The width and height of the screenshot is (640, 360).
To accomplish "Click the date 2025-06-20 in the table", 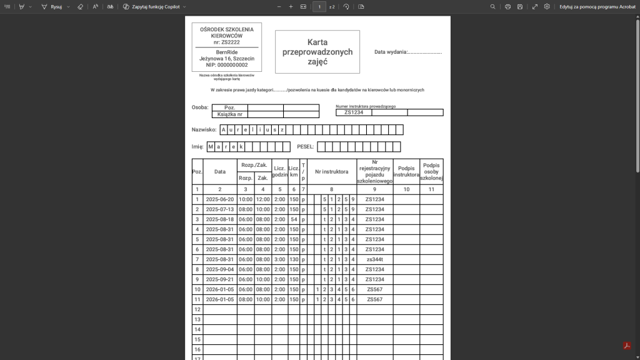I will [219, 199].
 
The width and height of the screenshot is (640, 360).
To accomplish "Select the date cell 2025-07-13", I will [219, 209].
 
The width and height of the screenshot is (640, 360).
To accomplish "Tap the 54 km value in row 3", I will [294, 219].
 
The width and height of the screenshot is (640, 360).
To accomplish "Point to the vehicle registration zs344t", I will [374, 259].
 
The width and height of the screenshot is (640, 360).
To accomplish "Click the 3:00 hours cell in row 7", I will [279, 259].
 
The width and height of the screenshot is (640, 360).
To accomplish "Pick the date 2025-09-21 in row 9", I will [219, 279].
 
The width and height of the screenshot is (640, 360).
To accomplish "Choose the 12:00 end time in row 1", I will [262, 199].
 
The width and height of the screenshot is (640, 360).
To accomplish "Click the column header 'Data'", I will [219, 171].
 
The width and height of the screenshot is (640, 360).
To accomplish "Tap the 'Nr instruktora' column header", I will [331, 171].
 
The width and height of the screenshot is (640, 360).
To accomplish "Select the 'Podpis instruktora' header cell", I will [406, 171].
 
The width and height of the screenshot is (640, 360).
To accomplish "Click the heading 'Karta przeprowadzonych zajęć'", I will [317, 52].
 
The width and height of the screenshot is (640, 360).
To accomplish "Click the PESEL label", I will [305, 147].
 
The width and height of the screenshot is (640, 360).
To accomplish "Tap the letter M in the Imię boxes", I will [211, 147].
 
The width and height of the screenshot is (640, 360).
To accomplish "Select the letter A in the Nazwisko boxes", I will [223, 130].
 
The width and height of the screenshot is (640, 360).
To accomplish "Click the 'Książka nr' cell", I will [230, 114].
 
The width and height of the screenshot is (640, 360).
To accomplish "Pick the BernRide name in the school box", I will [226, 52].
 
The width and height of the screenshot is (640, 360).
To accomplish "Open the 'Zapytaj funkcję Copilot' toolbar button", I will [154, 6].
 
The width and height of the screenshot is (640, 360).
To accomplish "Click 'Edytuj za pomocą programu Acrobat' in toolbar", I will [597, 6].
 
